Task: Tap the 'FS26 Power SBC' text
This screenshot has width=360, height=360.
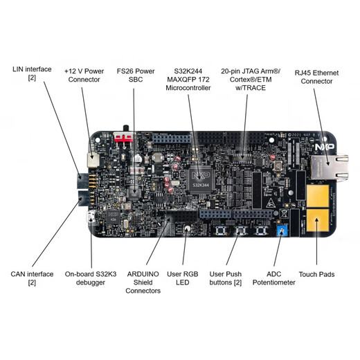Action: (x=136, y=75)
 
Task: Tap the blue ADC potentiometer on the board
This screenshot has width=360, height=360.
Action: (x=280, y=231)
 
